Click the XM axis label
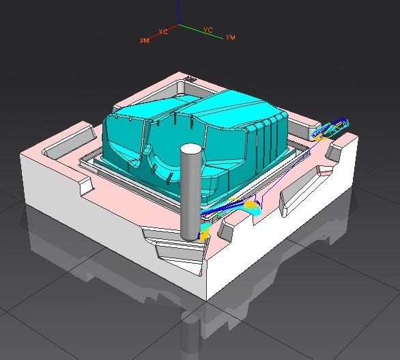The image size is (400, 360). (144, 40)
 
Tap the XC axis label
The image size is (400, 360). (163, 32)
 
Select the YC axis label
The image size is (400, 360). (208, 30)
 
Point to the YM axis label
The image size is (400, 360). (230, 38)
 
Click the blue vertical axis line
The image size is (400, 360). (179, 12)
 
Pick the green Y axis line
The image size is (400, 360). (201, 32)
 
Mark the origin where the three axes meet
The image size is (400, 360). (180, 25)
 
